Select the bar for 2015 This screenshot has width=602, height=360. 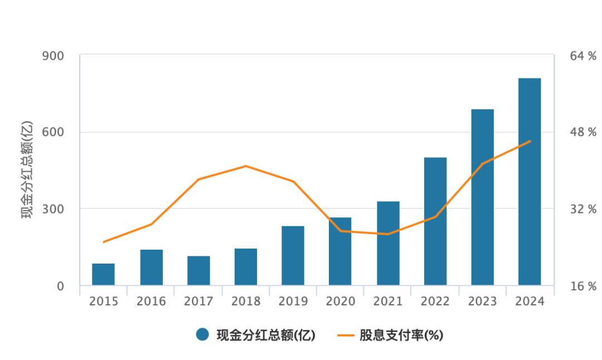click(104, 274)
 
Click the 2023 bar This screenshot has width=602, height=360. click(482, 197)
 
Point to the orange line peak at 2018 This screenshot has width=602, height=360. click(246, 166)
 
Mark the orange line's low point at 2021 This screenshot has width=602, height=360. click(388, 234)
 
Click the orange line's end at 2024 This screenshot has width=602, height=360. click(530, 141)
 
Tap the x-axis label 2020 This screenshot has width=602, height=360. click(341, 301)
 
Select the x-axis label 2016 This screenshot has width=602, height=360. click(151, 301)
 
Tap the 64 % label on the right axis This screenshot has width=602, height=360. click(583, 56)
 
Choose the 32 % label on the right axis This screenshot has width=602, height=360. click(583, 209)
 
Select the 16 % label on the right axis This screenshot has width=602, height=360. click(583, 286)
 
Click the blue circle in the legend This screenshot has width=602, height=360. click(202, 334)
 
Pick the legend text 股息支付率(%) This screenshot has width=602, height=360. click(401, 335)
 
